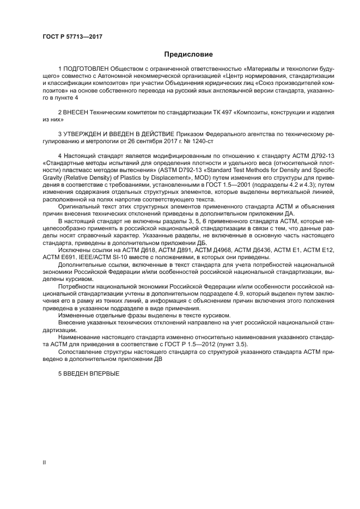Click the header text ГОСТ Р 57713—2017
click(x=72, y=36)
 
